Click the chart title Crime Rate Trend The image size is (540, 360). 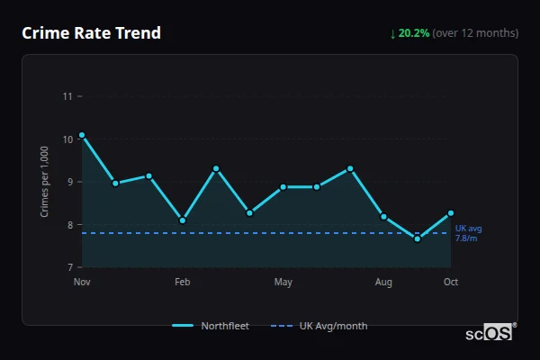pyautogui.click(x=91, y=33)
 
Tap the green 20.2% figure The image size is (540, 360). pyautogui.click(x=414, y=33)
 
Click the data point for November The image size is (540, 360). pyautogui.click(x=82, y=135)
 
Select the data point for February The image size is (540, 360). pyautogui.click(x=183, y=220)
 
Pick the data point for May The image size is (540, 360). pyautogui.click(x=283, y=187)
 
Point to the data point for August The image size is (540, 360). pyautogui.click(x=384, y=217)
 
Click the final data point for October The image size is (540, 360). pyautogui.click(x=451, y=213)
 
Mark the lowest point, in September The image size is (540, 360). pyautogui.click(x=418, y=238)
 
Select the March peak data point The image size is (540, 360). pyautogui.click(x=216, y=168)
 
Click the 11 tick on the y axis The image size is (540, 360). pyautogui.click(x=67, y=96)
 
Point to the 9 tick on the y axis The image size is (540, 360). pyautogui.click(x=69, y=182)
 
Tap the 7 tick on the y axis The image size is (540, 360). pyautogui.click(x=69, y=267)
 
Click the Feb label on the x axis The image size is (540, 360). pyautogui.click(x=183, y=283)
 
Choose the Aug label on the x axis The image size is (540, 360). pyautogui.click(x=384, y=283)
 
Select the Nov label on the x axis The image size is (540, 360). pyautogui.click(x=82, y=283)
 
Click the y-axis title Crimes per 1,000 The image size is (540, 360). pyautogui.click(x=45, y=182)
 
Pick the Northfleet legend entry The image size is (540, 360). pyautogui.click(x=211, y=326)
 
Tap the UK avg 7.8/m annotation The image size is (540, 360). pyautogui.click(x=469, y=233)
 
